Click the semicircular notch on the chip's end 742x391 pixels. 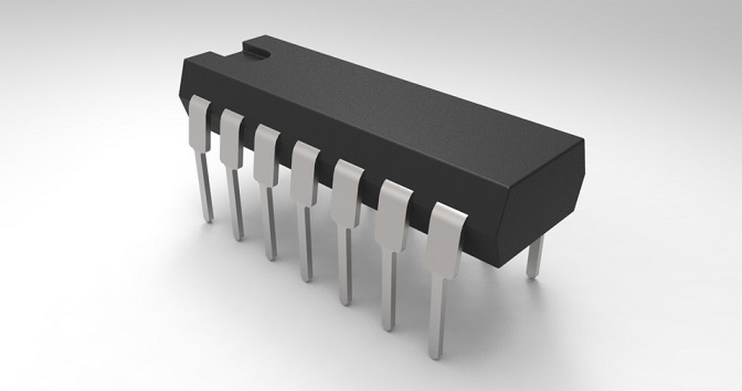pos(259,51)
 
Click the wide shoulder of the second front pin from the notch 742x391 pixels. pos(232,138)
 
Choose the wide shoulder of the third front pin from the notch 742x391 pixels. pos(266,154)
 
